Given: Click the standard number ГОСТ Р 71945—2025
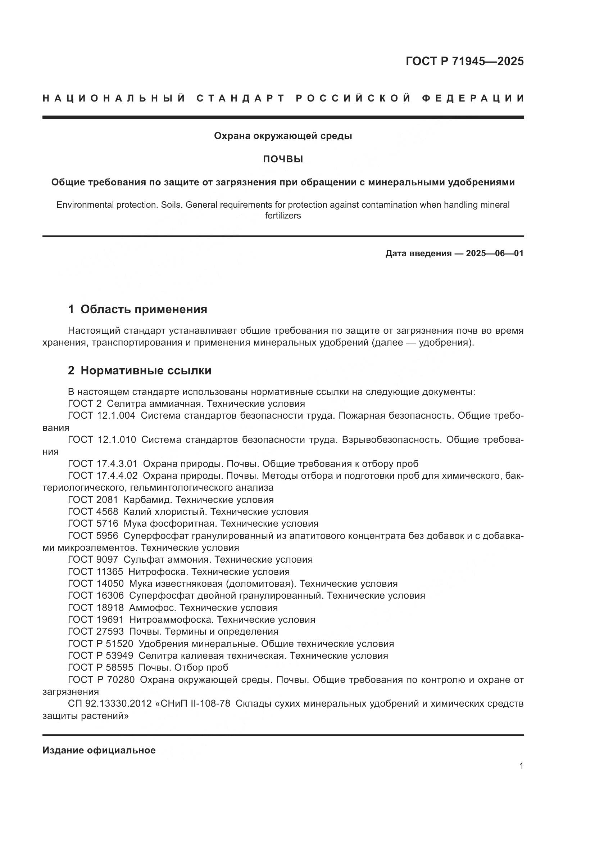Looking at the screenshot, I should click(x=464, y=61).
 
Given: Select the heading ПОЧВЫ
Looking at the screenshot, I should click(x=283, y=159).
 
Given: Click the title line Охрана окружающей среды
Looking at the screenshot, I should click(x=283, y=136).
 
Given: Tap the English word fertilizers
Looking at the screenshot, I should click(x=283, y=216).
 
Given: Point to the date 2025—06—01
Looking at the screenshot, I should click(x=494, y=253).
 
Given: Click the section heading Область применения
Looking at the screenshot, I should click(x=144, y=309).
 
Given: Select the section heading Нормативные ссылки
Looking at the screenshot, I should click(x=146, y=370).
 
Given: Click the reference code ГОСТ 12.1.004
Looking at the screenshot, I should click(x=101, y=415).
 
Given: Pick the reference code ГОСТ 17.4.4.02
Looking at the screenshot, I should click(x=103, y=476).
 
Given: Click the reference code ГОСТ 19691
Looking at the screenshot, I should click(x=96, y=620).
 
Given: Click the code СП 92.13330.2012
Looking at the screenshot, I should click(x=110, y=703).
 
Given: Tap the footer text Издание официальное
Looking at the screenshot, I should click(x=99, y=750).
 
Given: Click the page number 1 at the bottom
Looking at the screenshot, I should click(x=521, y=766).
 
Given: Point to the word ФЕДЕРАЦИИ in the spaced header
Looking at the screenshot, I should click(x=473, y=98).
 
